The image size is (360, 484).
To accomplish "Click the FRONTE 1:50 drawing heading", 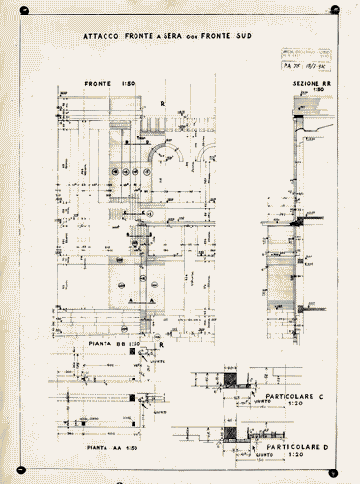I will [109, 84].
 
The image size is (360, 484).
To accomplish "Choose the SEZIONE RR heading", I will [314, 84].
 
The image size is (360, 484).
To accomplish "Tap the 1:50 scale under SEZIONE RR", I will [315, 91].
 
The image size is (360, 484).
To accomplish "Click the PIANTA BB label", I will [107, 344].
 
